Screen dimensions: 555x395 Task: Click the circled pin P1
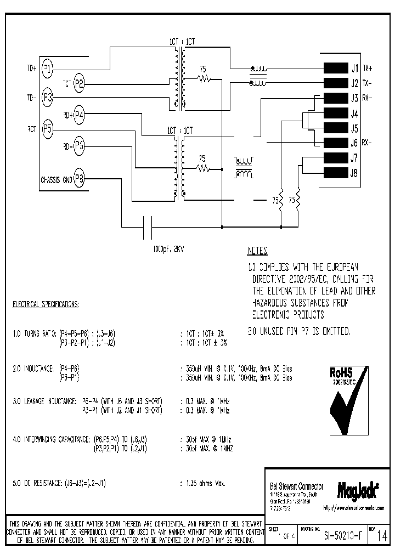pos(48,69)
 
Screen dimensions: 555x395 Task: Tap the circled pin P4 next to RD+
pos(80,115)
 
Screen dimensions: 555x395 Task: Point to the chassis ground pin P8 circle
pos(80,178)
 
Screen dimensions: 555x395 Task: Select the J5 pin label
pos(354,129)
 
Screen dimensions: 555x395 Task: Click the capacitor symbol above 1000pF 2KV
pos(147,227)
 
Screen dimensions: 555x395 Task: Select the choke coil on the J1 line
pos(257,69)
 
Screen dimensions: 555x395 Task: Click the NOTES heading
pos(257,251)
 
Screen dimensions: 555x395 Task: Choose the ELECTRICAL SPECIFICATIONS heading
pos(46,303)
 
